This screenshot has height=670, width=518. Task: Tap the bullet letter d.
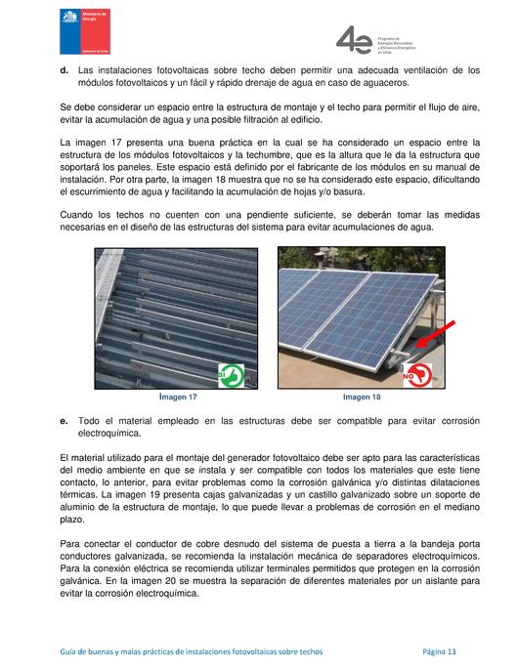pyautogui.click(x=64, y=70)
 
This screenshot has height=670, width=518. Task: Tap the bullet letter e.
pyautogui.click(x=64, y=419)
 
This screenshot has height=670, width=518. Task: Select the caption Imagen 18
pyautogui.click(x=363, y=398)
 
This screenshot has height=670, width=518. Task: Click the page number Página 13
pyautogui.click(x=439, y=650)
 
